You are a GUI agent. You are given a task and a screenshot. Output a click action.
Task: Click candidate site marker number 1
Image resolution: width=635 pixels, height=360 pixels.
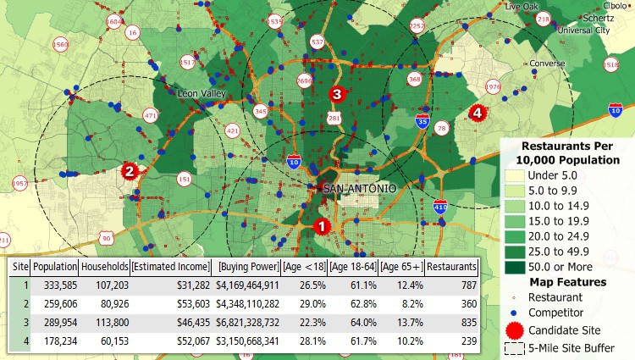click(x=321, y=226)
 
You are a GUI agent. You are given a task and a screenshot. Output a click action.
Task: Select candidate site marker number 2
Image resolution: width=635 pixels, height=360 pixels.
click(x=129, y=171)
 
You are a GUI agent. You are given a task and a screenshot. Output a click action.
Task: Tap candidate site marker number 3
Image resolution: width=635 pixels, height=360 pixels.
click(x=336, y=95)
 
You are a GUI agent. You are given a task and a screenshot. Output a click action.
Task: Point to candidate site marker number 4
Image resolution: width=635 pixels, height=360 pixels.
click(x=477, y=113)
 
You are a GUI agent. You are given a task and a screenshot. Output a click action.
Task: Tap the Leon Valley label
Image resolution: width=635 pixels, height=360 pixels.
click(x=198, y=93)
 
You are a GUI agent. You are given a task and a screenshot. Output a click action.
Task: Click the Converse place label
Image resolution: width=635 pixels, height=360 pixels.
click(x=548, y=64)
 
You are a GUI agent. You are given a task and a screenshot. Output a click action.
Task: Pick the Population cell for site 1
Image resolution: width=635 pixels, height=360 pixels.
click(x=55, y=285)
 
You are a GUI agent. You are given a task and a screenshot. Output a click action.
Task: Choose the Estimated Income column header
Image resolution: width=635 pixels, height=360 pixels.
click(x=171, y=267)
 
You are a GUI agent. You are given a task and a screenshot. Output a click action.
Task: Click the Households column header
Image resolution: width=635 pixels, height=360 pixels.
click(x=105, y=267)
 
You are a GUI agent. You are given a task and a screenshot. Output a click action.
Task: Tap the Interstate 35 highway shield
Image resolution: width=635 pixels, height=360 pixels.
click(x=422, y=122)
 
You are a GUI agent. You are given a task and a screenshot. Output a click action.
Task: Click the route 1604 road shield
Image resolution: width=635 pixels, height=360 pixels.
click(x=113, y=20)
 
